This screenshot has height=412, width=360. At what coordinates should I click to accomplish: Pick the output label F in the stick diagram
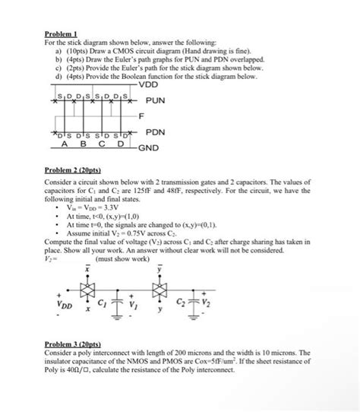tap(141, 116)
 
